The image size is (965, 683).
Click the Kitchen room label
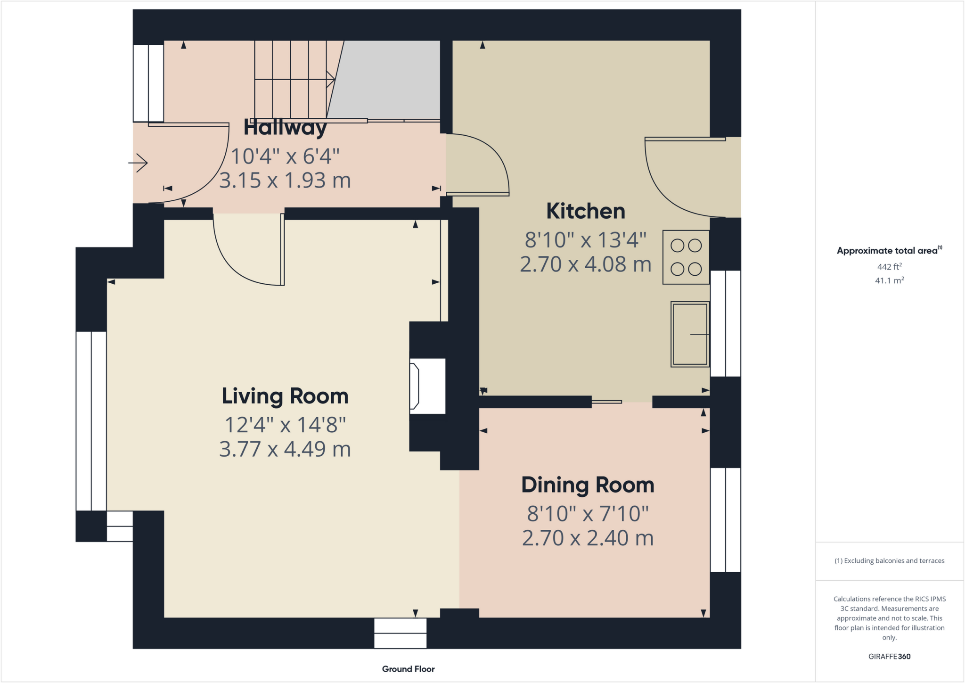[585, 211]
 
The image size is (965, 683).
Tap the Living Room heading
[285, 396]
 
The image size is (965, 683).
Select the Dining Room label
[588, 485]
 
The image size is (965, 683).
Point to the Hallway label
[285, 128]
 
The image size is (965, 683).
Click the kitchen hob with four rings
[686, 257]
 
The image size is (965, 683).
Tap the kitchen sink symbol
[690, 334]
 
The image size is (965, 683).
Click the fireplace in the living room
[426, 386]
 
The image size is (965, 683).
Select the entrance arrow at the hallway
[138, 163]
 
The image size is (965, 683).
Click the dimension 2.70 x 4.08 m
[585, 264]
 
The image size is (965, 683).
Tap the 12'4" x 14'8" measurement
[285, 425]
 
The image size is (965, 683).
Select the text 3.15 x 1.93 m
[285, 181]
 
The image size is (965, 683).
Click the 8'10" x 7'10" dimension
[588, 514]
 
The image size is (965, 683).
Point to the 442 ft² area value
[889, 267]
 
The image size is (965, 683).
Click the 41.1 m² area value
[889, 280]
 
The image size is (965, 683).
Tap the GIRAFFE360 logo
[889, 656]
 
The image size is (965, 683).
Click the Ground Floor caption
[408, 669]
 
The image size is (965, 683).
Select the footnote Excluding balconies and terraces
[889, 561]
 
